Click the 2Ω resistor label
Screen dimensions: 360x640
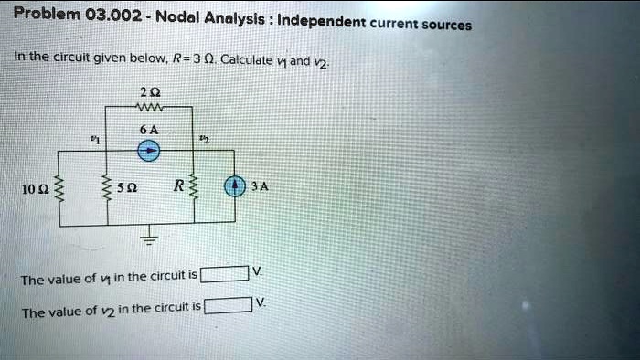149,91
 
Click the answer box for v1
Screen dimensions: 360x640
224,273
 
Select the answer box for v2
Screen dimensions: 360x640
228,305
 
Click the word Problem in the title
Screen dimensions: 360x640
47,14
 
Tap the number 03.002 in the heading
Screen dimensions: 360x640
111,15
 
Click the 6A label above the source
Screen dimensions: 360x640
149,130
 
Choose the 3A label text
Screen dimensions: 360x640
261,186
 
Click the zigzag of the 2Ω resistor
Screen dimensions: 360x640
149,107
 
